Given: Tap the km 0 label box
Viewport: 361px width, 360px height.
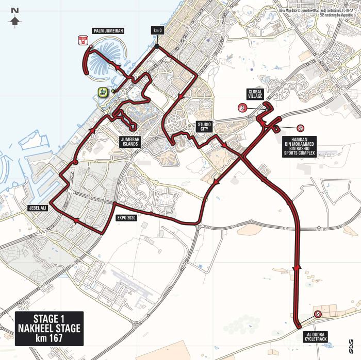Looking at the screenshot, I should [x=158, y=30].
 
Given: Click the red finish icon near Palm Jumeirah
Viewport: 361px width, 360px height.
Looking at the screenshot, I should [x=81, y=40].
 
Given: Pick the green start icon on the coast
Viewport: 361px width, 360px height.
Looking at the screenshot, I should [x=102, y=93].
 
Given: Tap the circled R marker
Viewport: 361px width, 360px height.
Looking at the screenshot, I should [x=241, y=108].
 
